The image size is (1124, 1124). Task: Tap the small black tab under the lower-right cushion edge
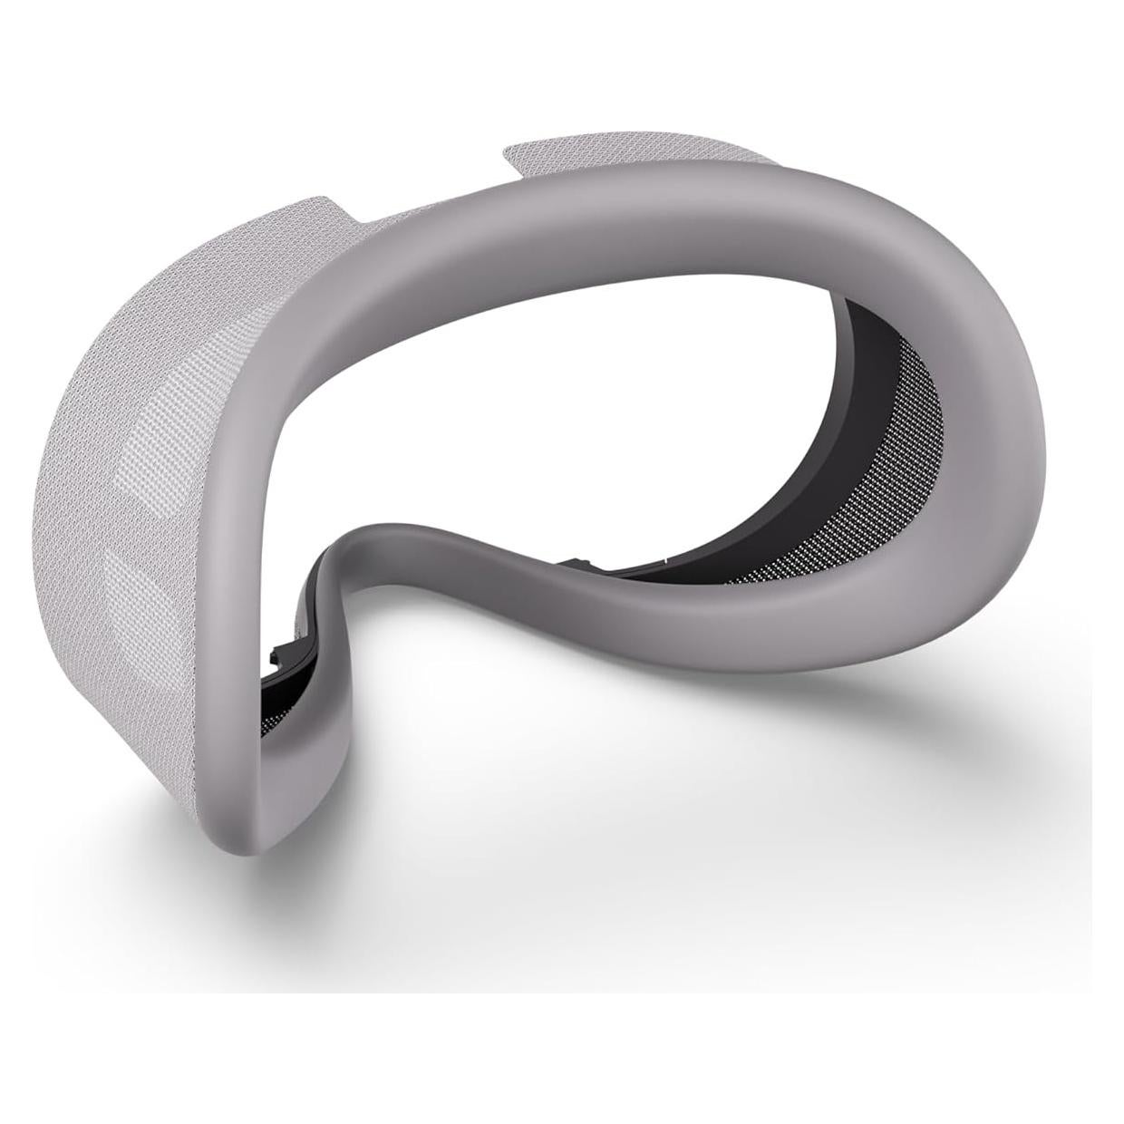(x=576, y=566)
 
